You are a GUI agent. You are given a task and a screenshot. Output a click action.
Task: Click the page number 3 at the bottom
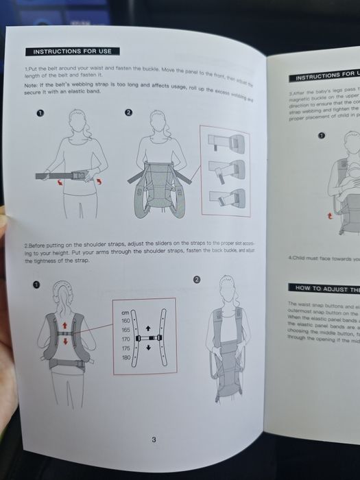[154, 440]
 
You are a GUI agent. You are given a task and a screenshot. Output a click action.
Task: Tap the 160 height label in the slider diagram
[125, 320]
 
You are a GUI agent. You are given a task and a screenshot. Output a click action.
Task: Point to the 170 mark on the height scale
[125, 339]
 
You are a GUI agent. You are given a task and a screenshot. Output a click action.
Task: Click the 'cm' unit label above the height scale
[125, 312]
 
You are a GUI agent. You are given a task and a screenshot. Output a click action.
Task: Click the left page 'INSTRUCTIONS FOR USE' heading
[73, 51]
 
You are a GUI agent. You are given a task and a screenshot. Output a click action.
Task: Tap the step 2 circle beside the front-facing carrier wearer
[197, 280]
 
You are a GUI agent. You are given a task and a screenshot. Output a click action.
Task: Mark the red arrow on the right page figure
[331, 215]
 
